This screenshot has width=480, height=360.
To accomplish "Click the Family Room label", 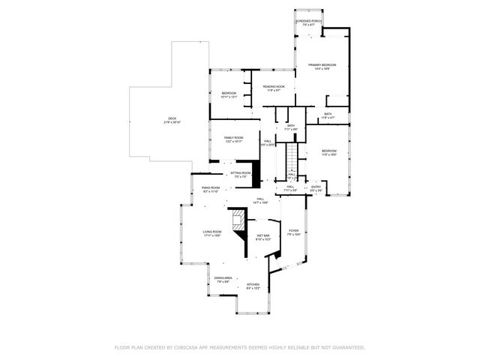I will pos(233,139).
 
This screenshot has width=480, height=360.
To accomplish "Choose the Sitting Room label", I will pos(240,174).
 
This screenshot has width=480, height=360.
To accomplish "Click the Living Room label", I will pos(212,233).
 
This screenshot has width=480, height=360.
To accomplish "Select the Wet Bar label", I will pos(262,237).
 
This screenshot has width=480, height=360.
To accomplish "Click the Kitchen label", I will pos(253,286).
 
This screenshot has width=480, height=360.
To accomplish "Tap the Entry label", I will pos(316,188).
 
